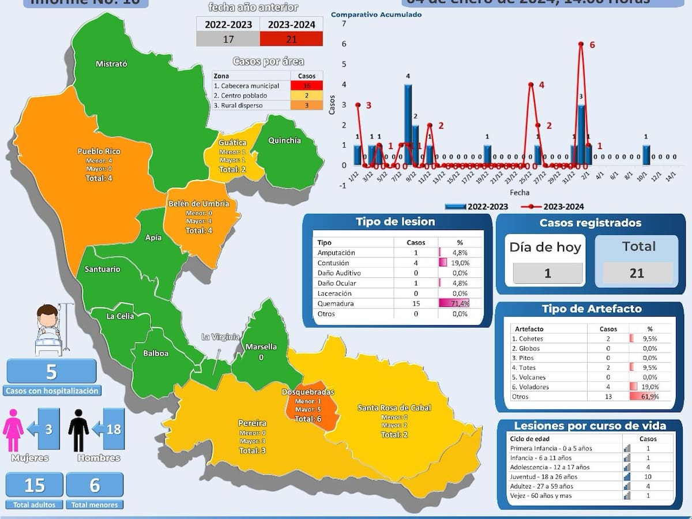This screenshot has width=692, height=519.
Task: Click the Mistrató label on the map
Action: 111,64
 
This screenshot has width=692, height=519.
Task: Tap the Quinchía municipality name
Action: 284,140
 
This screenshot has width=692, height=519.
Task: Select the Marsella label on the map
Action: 261,347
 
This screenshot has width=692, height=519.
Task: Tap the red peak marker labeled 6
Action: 581,44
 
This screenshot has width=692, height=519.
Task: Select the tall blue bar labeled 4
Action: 408,124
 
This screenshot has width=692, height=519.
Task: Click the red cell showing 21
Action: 291,39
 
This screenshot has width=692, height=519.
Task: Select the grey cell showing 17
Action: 228,39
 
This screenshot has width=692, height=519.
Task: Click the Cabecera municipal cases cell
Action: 306,86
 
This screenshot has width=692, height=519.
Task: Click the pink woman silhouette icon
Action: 13,430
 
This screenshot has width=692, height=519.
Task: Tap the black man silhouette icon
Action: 78,430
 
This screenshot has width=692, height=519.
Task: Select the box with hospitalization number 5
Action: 51,371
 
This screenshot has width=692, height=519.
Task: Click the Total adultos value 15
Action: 35,485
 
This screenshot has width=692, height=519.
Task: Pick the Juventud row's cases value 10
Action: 648,477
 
